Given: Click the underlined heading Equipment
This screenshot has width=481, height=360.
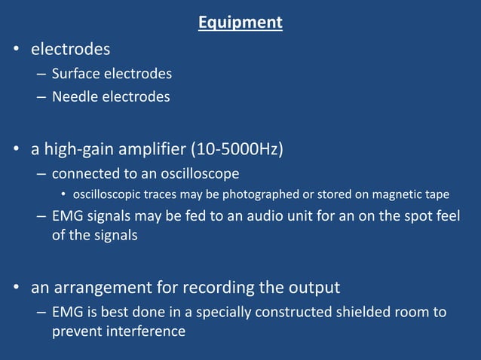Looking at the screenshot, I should [x=240, y=23].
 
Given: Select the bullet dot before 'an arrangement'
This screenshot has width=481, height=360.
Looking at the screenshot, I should [x=16, y=288].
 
